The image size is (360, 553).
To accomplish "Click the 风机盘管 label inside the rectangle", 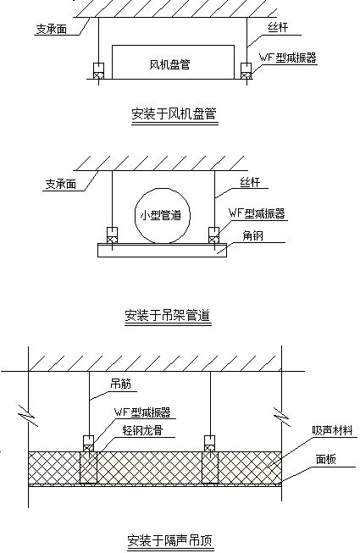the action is pyautogui.click(x=170, y=64).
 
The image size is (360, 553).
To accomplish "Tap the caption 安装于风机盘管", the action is pyautogui.click(x=174, y=114).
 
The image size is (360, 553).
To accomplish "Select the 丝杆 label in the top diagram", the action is pyautogui.click(x=278, y=27).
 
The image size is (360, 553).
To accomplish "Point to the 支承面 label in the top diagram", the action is pyautogui.click(x=51, y=29).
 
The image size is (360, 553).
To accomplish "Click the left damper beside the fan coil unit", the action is pyautogui.click(x=98, y=71).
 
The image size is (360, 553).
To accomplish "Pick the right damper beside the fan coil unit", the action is pyautogui.click(x=246, y=71).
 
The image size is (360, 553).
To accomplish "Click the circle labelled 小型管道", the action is pyautogui.click(x=163, y=215).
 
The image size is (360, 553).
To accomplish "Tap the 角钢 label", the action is pyautogui.click(x=253, y=235).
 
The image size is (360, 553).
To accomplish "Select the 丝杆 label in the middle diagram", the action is pyautogui.click(x=250, y=182).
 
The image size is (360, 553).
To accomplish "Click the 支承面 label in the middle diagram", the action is pyautogui.click(x=61, y=184).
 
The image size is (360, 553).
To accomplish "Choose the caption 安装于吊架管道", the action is pyautogui.click(x=168, y=315).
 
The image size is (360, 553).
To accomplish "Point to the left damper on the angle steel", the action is pyautogui.click(x=112, y=235).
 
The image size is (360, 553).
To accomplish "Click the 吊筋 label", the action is pyautogui.click(x=120, y=384).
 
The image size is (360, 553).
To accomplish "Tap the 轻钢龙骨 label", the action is pyautogui.click(x=143, y=430).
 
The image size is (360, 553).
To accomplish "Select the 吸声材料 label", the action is pyautogui.click(x=332, y=430).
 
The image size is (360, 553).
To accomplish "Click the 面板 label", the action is pyautogui.click(x=326, y=459).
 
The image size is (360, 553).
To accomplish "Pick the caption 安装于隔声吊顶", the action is pyautogui.click(x=170, y=540).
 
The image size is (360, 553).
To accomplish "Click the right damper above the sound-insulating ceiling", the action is pyautogui.click(x=210, y=444).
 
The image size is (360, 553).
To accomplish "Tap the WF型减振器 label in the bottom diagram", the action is pyautogui.click(x=142, y=412).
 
